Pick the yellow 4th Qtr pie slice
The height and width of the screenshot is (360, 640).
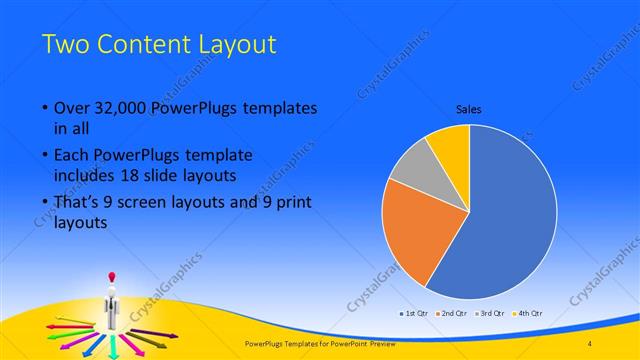click(x=450, y=145)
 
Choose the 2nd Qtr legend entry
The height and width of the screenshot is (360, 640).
click(x=452, y=312)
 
